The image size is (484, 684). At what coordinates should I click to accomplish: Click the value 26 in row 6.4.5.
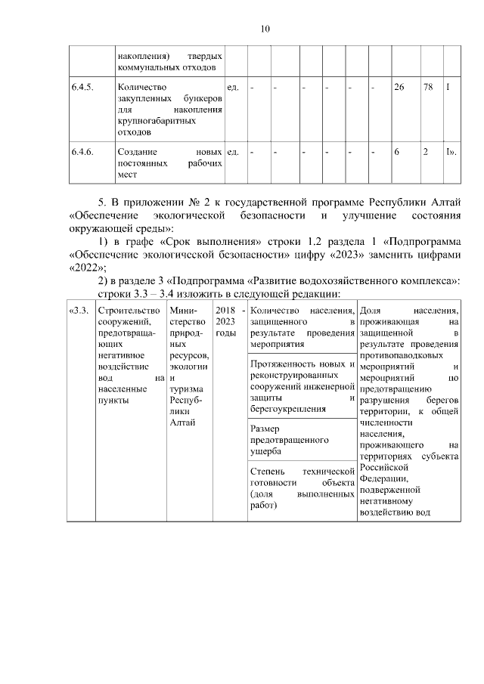[x=399, y=88]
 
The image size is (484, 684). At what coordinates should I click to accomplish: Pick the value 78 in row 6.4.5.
[x=428, y=88]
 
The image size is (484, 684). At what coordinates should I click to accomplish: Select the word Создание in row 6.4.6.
[x=136, y=152]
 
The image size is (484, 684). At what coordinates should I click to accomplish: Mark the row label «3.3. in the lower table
[x=79, y=311]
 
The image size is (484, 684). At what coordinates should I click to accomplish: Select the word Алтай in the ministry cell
[x=184, y=422]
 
